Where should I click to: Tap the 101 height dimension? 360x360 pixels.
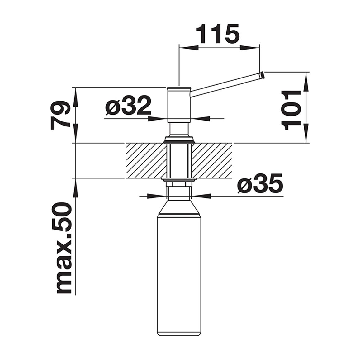291,111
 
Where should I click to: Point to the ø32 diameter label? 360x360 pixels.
129,106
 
